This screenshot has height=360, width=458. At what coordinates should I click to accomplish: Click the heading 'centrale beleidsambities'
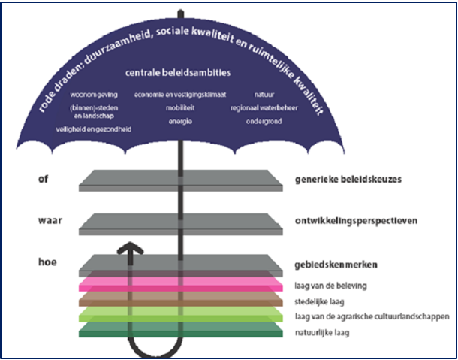tap(178, 73)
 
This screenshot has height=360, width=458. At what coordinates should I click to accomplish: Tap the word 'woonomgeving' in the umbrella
tap(94, 95)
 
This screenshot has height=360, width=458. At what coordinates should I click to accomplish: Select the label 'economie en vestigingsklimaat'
tap(180, 95)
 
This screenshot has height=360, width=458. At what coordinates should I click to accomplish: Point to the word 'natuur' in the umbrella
tap(264, 95)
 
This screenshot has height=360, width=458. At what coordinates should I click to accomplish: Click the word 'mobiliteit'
tap(180, 108)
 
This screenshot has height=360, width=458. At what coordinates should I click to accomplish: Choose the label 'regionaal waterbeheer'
tap(264, 108)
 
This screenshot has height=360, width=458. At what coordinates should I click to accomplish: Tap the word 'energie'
tap(180, 121)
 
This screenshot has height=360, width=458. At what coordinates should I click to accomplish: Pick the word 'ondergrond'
tap(264, 121)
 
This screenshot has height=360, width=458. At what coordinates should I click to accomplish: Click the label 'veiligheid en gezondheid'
tap(94, 129)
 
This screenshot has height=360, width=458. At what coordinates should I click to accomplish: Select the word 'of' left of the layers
tap(43, 179)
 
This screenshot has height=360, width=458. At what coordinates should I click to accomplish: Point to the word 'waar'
tap(50, 220)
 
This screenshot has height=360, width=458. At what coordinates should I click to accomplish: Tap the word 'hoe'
tap(47, 262)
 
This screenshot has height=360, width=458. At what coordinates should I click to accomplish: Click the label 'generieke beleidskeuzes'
tap(348, 180)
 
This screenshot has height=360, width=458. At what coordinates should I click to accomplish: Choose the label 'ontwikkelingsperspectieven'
tap(356, 221)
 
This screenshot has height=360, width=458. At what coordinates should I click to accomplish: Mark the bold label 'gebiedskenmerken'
tap(336, 265)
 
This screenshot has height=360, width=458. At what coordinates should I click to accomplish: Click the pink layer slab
tap(181, 284)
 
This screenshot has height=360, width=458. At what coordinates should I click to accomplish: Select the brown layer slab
tap(181, 299)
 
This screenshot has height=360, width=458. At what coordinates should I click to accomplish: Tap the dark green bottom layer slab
tap(181, 330)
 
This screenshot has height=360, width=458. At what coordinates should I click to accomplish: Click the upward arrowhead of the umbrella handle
tap(130, 248)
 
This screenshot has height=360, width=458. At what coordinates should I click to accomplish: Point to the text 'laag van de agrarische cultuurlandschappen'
tap(372, 317)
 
